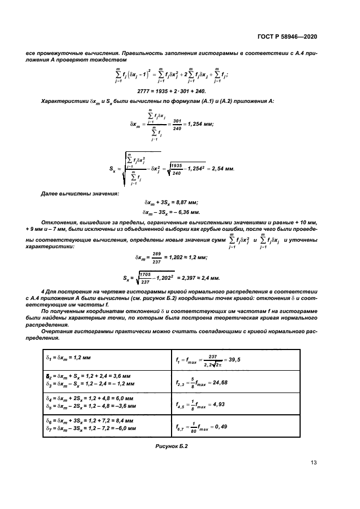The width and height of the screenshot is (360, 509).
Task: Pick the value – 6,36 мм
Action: click(x=191, y=212)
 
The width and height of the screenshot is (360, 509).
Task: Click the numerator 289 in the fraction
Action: click(x=157, y=253)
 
